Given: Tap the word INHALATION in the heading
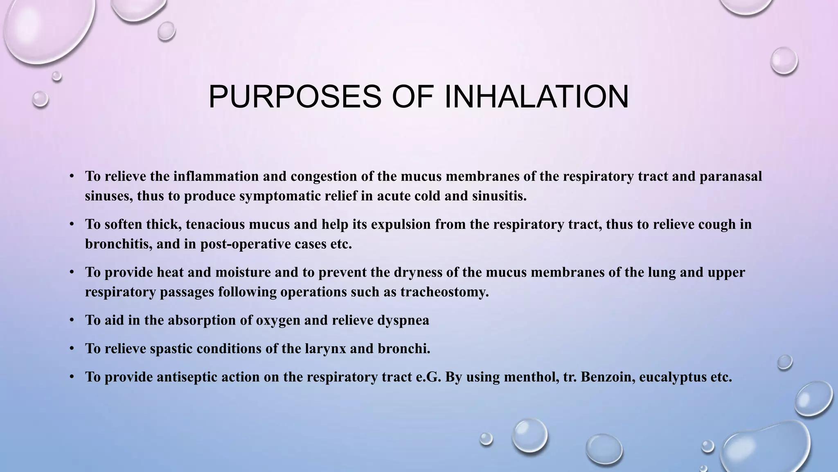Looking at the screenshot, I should [536, 97].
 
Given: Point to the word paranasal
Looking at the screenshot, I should [731, 176].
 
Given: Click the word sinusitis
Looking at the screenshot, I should [499, 196].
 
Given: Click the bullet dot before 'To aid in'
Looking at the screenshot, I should [72, 320].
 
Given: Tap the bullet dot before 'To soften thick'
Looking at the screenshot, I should [72, 224].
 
